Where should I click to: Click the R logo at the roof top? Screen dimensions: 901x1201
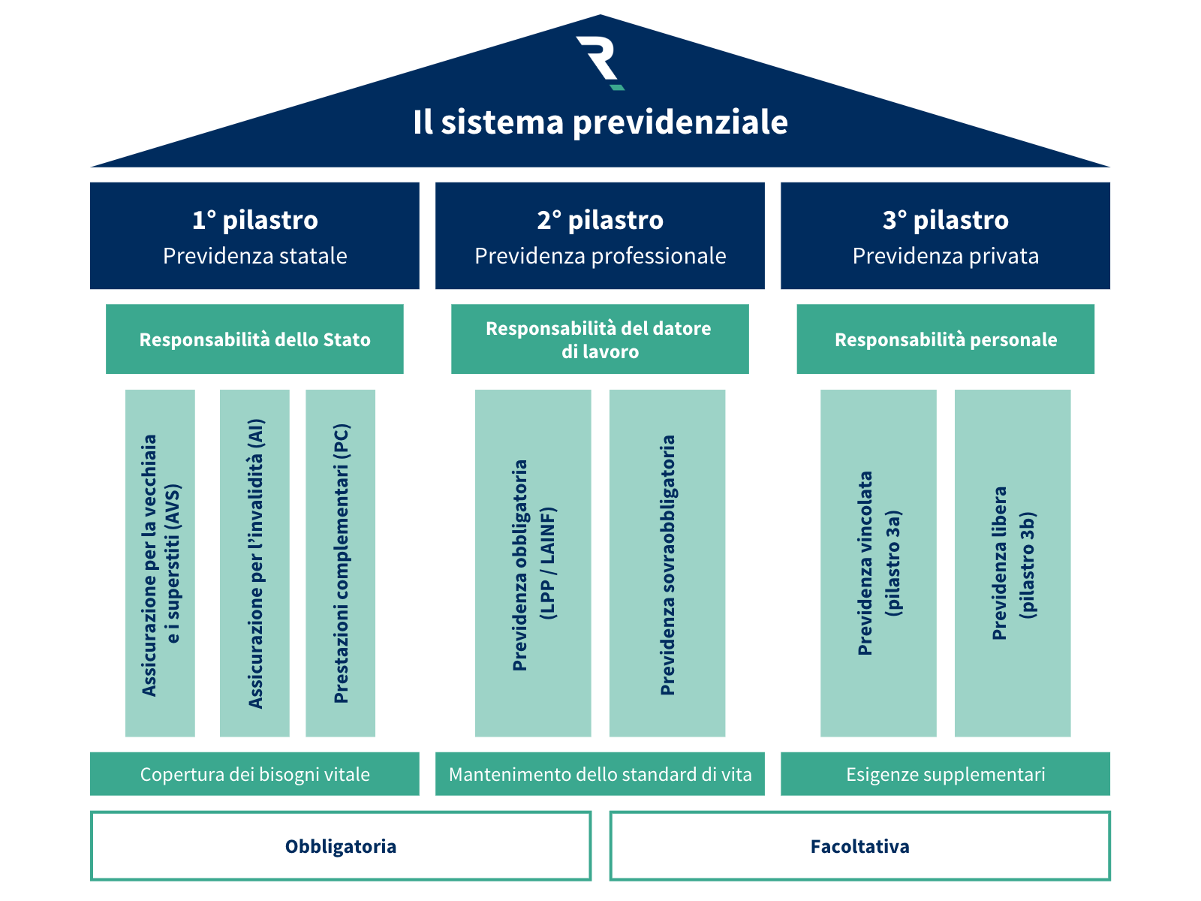pos(600,62)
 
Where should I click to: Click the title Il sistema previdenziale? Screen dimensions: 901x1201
pos(600,122)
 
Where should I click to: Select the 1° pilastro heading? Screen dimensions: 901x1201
pos(254,220)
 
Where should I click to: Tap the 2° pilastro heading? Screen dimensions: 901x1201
pos(600,220)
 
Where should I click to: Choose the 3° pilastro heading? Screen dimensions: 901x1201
pos(945,220)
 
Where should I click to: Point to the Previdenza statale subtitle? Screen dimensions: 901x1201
pos(254,256)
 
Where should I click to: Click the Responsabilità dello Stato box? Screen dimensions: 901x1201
pos(254,339)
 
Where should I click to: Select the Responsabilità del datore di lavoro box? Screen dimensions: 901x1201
pos(600,339)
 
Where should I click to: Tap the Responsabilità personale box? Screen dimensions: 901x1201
pos(945,339)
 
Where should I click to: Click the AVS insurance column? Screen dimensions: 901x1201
pos(160,563)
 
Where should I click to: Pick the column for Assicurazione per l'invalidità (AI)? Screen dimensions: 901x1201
pos(254,563)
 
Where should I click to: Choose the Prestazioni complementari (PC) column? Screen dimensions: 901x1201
pos(340,563)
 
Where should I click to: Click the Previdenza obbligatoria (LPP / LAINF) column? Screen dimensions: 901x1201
pos(533,563)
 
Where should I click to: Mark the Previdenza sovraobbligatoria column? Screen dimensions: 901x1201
pos(667,563)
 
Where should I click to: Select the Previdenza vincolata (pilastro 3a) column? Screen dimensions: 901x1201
pos(878,563)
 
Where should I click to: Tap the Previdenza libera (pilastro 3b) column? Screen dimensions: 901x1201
pos(1013,563)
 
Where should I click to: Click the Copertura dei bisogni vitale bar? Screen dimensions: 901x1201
pos(254,774)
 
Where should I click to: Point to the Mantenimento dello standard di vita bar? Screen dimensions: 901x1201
pos(600,774)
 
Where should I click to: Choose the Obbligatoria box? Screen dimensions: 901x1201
pos(341,846)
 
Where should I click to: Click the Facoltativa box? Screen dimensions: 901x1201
pos(859,846)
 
